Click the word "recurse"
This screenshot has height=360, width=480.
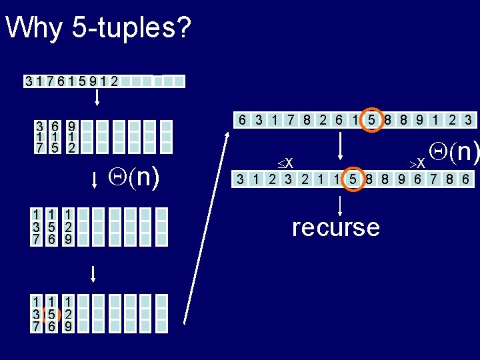336,227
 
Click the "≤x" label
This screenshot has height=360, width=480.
287,162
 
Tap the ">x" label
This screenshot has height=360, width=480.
418,162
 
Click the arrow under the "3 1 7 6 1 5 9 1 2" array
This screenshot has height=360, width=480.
97,97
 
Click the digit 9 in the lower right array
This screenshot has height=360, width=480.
402,179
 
